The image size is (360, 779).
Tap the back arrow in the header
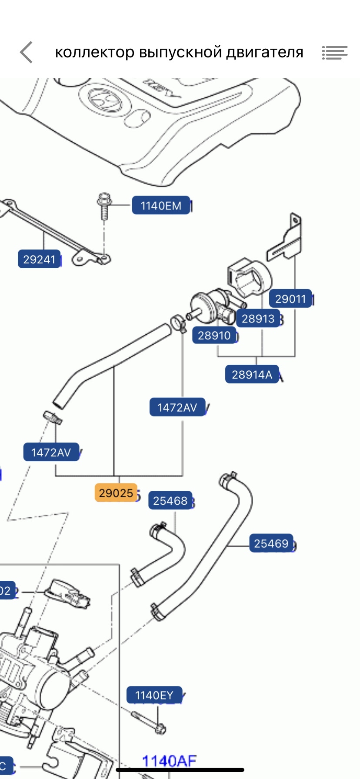[x=27, y=52]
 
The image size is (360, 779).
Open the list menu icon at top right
[x=334, y=53]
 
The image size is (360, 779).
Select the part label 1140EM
[x=161, y=206]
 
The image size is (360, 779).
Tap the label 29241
[x=39, y=260]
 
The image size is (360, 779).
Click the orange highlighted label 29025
[x=116, y=493]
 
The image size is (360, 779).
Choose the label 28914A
[x=252, y=375]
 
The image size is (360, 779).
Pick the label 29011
[x=290, y=299]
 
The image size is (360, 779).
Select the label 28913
[x=258, y=319]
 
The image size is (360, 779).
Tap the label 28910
[x=214, y=336]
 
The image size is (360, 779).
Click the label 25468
[x=170, y=501]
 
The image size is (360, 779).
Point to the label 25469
[x=271, y=544]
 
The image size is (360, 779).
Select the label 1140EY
[x=154, y=696]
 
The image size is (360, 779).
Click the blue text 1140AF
[x=169, y=761]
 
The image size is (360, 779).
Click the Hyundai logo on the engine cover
[x=104, y=100]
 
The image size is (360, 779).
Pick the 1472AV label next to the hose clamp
[x=177, y=408]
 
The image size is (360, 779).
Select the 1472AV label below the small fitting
[x=51, y=453]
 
